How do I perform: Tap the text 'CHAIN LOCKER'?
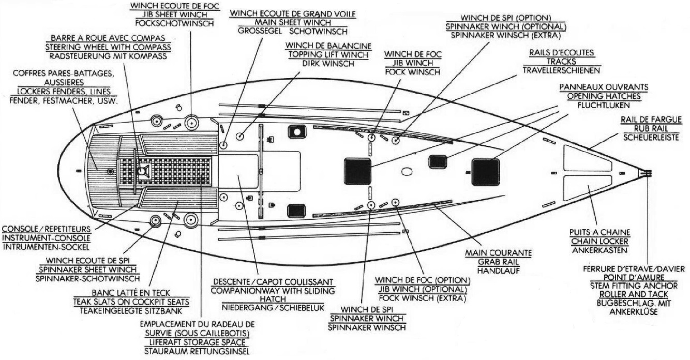pos(599,242)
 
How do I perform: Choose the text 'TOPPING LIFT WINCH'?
pos(328,54)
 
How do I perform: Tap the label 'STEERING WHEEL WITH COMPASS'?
pos(108,47)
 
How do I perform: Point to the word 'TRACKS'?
pos(561,61)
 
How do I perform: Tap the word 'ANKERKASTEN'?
pos(599,250)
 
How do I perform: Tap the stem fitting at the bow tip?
pos(646,173)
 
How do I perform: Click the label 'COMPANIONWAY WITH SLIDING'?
pos(273,291)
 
